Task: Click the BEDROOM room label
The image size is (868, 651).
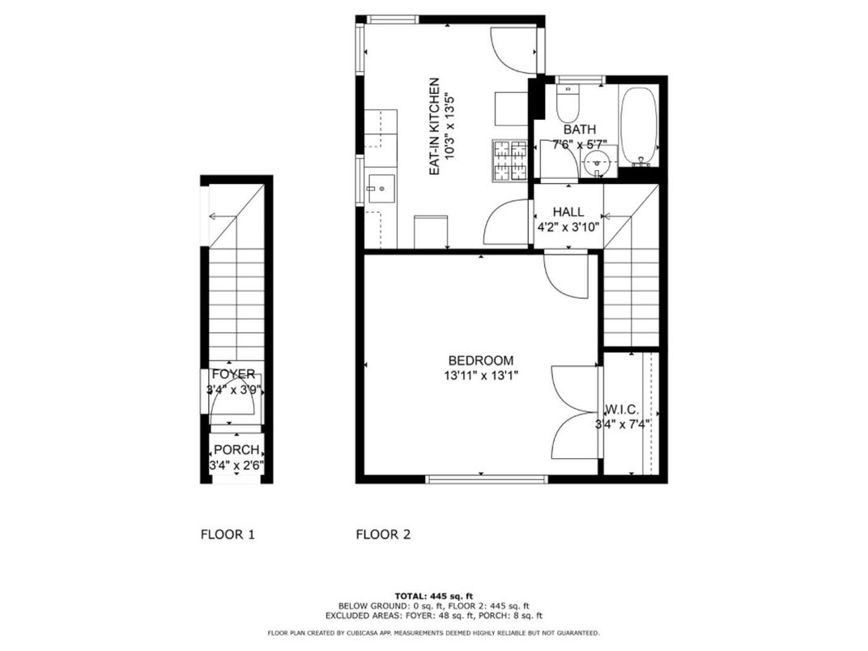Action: coord(481,360)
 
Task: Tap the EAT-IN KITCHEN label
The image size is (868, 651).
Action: coord(434,127)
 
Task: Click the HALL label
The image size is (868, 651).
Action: coord(568,212)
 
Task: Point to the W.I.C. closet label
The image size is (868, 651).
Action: coord(623,409)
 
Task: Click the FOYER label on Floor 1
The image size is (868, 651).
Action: coord(233,375)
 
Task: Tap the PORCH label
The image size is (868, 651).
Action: coord(236,450)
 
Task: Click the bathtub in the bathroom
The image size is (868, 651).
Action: coord(639,126)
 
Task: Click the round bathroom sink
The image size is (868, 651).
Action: coord(598,162)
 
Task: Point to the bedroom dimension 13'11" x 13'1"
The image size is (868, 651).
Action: coord(481,376)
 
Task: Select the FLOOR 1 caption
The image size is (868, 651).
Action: coord(228,534)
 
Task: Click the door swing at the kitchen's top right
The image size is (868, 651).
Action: coord(515,50)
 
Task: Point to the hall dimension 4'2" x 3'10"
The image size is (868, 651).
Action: coord(568,228)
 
